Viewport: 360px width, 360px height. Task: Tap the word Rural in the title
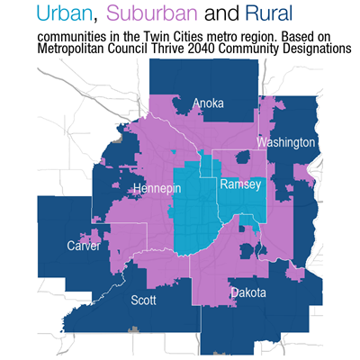click(272, 13)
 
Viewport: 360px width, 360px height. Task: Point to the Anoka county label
click(208, 103)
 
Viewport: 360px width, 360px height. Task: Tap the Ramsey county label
click(240, 184)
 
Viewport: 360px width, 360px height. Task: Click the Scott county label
click(145, 300)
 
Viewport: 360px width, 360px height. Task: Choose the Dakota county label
click(247, 292)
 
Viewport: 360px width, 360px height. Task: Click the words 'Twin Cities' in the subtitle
click(180, 35)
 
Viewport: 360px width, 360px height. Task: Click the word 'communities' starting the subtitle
click(71, 35)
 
